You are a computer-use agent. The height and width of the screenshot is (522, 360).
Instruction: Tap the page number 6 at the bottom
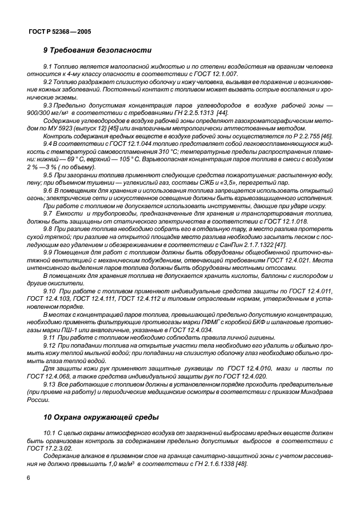(x=27, y=477)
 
